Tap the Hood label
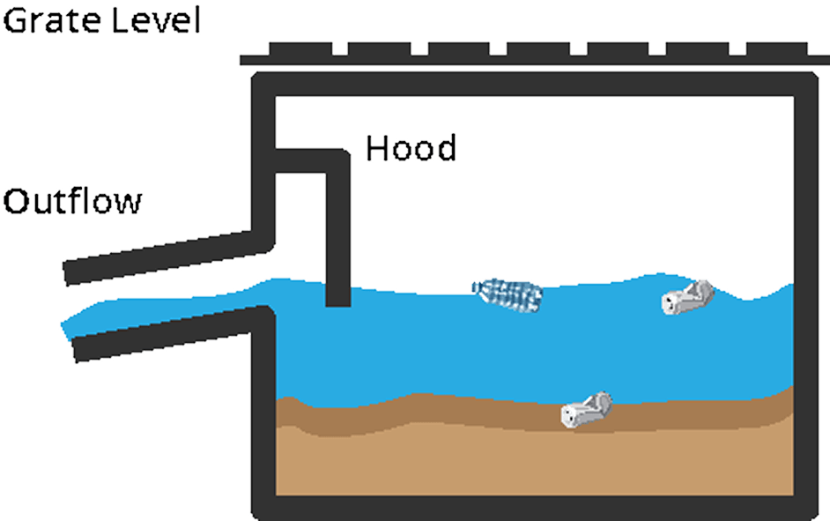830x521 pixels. click(411, 148)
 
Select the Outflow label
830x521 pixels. click(72, 202)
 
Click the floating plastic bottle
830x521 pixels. click(508, 294)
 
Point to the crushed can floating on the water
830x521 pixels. click(687, 298)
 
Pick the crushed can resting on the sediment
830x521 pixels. click(586, 409)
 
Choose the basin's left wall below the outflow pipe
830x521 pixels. click(263, 414)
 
